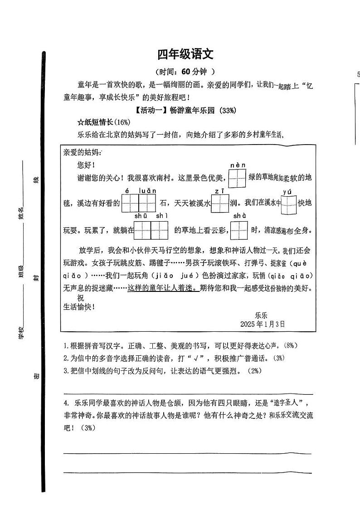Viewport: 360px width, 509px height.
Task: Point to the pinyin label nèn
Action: [238, 165]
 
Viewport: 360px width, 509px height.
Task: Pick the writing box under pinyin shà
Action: [239, 230]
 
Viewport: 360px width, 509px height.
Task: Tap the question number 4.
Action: [66, 403]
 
